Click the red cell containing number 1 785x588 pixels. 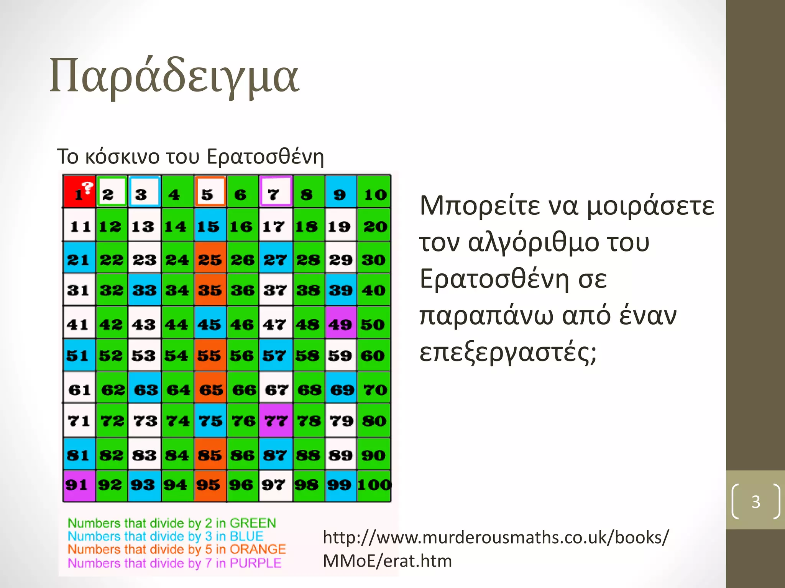(79, 192)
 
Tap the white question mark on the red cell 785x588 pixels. (88, 188)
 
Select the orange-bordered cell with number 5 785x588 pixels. (210, 192)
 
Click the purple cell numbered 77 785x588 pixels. (276, 420)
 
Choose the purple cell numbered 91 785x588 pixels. (79, 486)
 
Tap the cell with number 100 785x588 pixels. (374, 486)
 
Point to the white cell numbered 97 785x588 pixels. (276, 486)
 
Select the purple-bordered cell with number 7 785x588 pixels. (276, 192)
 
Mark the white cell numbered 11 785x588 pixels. (79, 225)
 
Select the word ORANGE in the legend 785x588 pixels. (258, 549)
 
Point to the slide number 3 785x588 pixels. (755, 501)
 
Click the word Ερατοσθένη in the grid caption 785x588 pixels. (265, 157)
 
